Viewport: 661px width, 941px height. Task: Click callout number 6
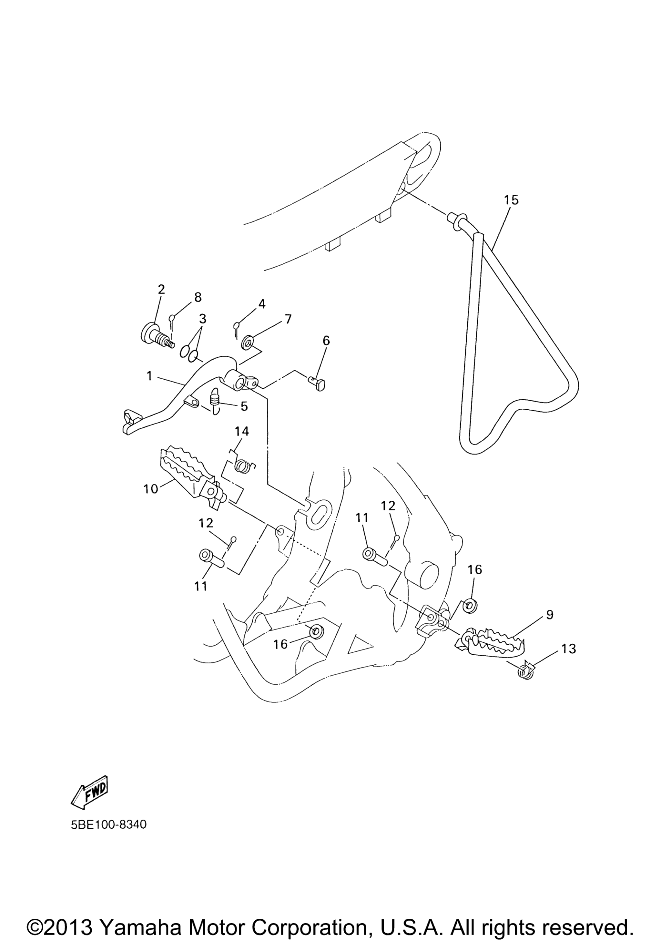point(326,340)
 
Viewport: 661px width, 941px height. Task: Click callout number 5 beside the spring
point(244,406)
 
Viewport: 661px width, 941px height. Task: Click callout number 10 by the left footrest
point(151,489)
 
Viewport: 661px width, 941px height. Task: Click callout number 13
point(568,649)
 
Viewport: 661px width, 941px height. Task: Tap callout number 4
point(261,304)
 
